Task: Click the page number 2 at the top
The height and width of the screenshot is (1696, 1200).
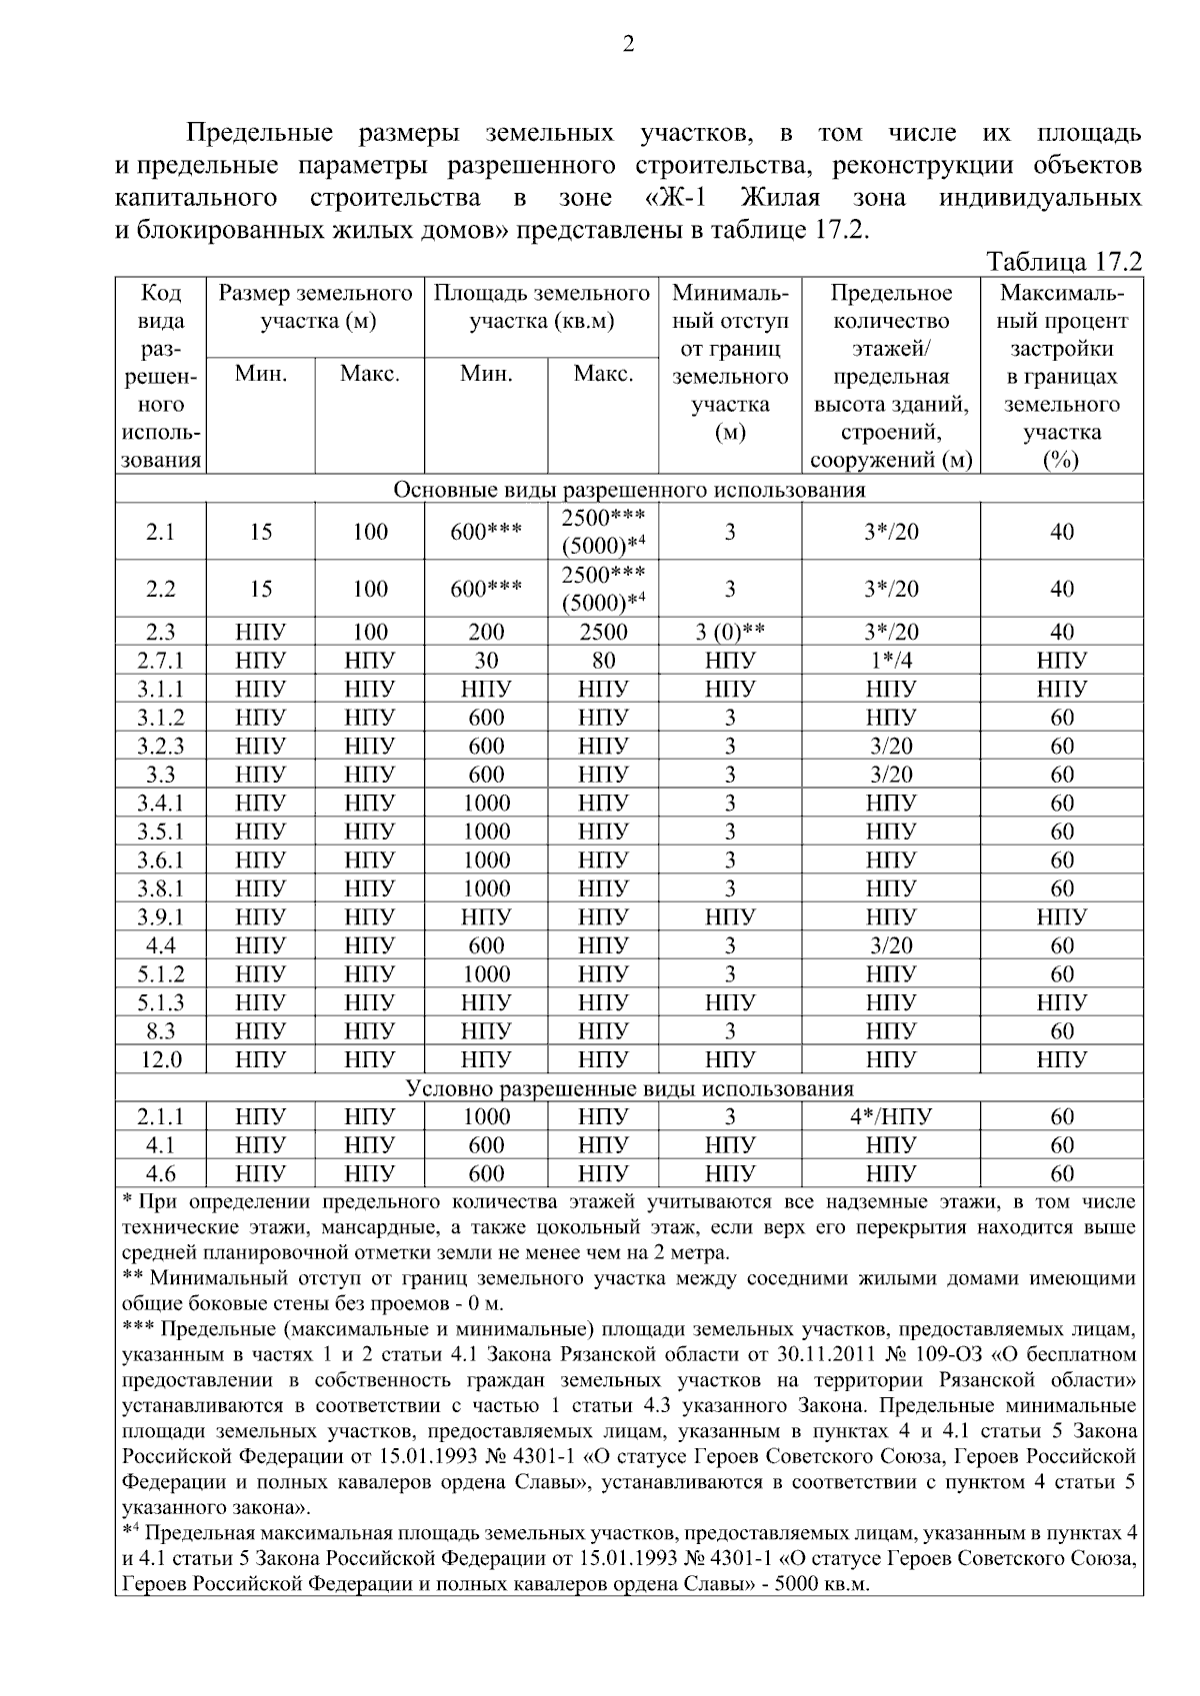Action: tap(628, 44)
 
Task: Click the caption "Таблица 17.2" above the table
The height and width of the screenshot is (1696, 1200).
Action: tap(1064, 262)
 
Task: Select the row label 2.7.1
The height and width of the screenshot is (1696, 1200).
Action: tap(160, 661)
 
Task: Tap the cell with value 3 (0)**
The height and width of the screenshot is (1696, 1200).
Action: tap(730, 632)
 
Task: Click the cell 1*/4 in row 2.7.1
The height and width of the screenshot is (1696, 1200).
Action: tap(890, 661)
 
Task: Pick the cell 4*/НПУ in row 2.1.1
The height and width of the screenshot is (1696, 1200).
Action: tap(890, 1116)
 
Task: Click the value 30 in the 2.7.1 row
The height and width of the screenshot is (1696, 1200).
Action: tap(486, 661)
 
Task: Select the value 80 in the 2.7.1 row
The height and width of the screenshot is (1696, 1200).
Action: tap(603, 661)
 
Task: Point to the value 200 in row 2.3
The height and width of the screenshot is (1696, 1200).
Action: tap(486, 632)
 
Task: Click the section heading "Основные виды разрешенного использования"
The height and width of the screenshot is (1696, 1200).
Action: tap(629, 490)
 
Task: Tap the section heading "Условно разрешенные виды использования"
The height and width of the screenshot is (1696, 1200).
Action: tap(629, 1088)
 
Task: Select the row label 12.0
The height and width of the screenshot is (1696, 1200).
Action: tap(160, 1059)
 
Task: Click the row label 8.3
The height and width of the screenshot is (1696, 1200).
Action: tap(160, 1031)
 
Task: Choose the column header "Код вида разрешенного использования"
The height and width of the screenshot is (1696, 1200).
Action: tap(161, 376)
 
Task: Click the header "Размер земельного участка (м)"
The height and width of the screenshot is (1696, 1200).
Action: tap(316, 308)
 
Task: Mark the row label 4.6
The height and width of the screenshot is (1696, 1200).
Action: tap(160, 1173)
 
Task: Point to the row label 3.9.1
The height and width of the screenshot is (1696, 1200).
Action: tap(160, 917)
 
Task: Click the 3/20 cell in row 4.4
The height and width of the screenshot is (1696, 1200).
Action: tap(890, 945)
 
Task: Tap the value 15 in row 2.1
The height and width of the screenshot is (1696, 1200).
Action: tap(261, 532)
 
